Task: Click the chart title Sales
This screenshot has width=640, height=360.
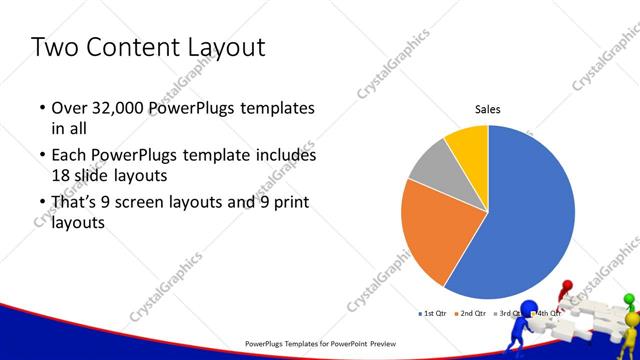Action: [487, 110]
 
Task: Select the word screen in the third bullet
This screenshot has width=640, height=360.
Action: [152, 203]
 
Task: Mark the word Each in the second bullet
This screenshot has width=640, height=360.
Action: [69, 156]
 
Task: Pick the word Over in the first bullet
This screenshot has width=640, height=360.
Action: [69, 108]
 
